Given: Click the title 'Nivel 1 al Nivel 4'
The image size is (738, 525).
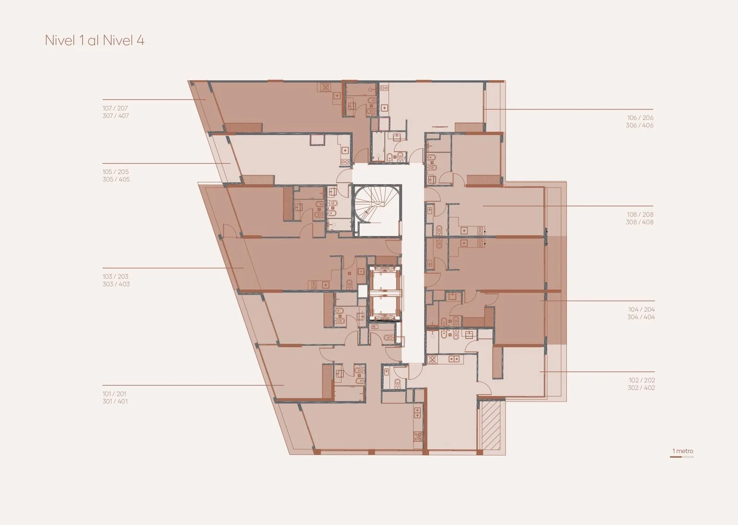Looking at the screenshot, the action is pyautogui.click(x=95, y=41).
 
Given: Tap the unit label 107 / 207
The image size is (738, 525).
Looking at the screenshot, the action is pyautogui.click(x=115, y=108).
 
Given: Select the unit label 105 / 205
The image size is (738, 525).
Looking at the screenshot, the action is pyautogui.click(x=115, y=172).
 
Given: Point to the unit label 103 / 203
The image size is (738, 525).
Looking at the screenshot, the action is pyautogui.click(x=115, y=277).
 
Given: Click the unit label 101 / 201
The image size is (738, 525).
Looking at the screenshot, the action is pyautogui.click(x=114, y=394).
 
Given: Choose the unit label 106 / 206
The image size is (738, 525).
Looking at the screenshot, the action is pyautogui.click(x=640, y=118).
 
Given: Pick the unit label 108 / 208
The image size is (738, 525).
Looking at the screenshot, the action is pyautogui.click(x=640, y=214).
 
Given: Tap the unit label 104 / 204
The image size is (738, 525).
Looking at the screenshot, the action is pyautogui.click(x=642, y=309).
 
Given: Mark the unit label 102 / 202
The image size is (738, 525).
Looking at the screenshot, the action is pyautogui.click(x=642, y=380).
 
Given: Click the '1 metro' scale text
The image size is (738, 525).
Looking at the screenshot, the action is pyautogui.click(x=683, y=451).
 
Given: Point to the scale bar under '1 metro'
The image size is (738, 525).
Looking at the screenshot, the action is pyautogui.click(x=682, y=456).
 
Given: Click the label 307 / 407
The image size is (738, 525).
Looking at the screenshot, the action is pyautogui.click(x=116, y=116).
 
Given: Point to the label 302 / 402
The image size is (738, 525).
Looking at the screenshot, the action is pyautogui.click(x=642, y=388).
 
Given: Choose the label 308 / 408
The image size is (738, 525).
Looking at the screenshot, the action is pyautogui.click(x=640, y=222).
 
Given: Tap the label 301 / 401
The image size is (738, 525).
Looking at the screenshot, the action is pyautogui.click(x=115, y=401).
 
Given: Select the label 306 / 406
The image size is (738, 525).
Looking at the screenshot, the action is pyautogui.click(x=640, y=125).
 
